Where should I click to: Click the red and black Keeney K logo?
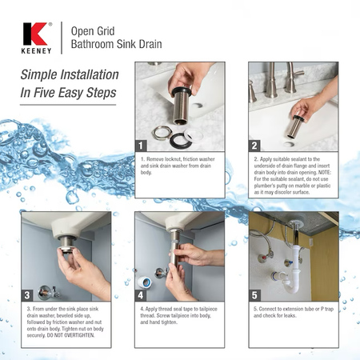pyautogui.click(x=35, y=34)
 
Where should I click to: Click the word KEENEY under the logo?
pyautogui.click(x=36, y=51)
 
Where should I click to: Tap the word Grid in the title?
pyautogui.click(x=106, y=31)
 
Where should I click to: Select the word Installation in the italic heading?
pyautogui.click(x=90, y=74)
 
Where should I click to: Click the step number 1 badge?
pyautogui.click(x=141, y=146)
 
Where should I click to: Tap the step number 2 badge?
pyautogui.click(x=254, y=146)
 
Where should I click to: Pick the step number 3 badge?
pyautogui.click(x=27, y=295)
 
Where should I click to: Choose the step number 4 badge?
pyautogui.click(x=141, y=295)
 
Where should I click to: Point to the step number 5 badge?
pyautogui.click(x=254, y=295)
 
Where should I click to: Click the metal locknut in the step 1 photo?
pyautogui.click(x=162, y=133)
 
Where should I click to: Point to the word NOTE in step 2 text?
pyautogui.click(x=325, y=172)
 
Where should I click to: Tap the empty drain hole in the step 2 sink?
pyautogui.click(x=289, y=144)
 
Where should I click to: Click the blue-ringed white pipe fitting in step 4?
pyautogui.click(x=145, y=282)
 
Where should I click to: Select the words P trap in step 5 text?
pyautogui.click(x=327, y=309)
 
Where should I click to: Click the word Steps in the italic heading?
pyautogui.click(x=102, y=93)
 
